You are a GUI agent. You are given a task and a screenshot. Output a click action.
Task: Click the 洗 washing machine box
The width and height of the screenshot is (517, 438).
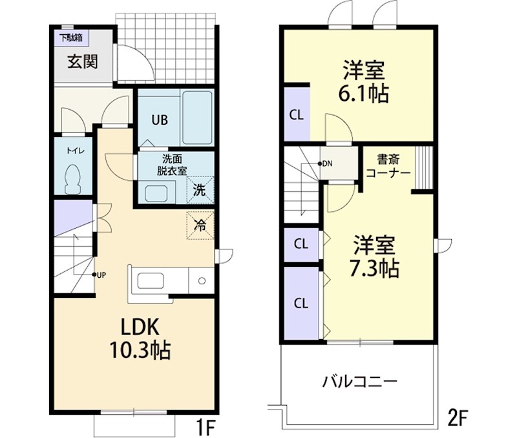click(200, 190)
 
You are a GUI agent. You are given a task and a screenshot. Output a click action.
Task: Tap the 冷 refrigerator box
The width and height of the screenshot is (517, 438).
click(200, 225)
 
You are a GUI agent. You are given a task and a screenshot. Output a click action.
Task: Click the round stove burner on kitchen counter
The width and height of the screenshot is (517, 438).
click(202, 282)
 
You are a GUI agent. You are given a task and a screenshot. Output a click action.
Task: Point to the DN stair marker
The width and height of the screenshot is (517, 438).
click(326, 163)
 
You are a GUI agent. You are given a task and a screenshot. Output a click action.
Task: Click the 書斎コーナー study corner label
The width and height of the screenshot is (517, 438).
click(388, 166)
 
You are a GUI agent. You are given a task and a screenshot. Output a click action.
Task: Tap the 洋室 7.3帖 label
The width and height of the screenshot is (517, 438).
click(375, 256)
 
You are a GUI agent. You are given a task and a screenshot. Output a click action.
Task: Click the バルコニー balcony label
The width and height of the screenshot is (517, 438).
click(360, 381)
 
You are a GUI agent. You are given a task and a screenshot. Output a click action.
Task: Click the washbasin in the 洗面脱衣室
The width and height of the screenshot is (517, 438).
click(155, 193)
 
